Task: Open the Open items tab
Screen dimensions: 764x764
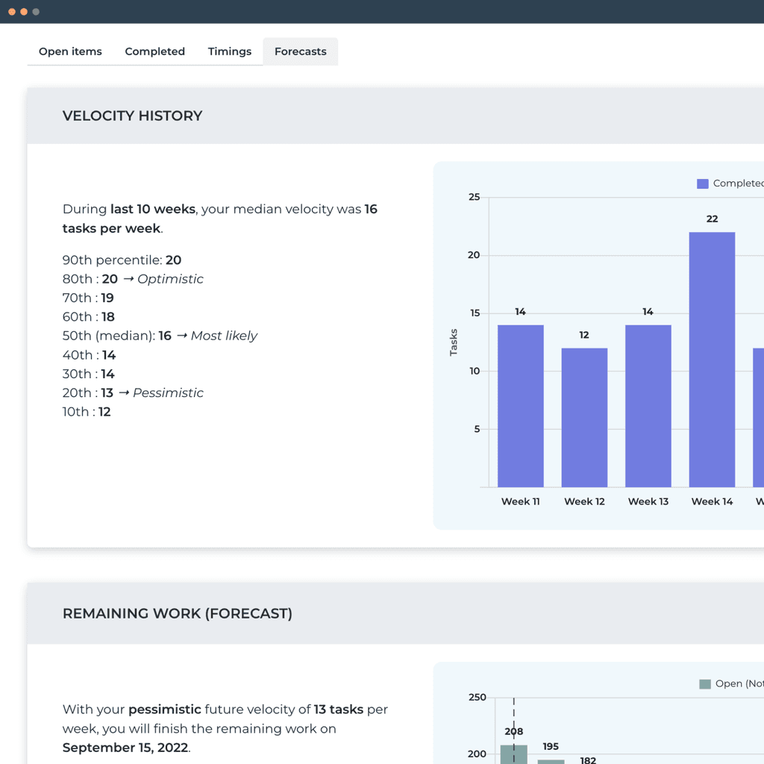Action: [70, 51]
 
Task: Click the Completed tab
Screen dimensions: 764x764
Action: [154, 51]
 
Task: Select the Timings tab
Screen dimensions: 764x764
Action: [229, 51]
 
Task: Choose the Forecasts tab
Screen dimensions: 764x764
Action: [300, 51]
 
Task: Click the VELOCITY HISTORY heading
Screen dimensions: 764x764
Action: [132, 116]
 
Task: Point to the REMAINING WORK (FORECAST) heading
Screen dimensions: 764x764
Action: [177, 613]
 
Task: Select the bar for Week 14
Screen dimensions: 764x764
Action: [712, 360]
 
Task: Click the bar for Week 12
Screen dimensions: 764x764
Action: [584, 418]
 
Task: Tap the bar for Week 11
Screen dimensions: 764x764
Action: [520, 406]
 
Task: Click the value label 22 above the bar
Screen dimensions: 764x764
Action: [712, 219]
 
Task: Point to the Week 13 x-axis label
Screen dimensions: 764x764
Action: [648, 501]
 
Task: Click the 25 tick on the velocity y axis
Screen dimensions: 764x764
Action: [475, 197]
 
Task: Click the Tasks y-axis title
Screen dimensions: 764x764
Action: [454, 342]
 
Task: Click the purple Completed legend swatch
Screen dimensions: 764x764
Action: [702, 184]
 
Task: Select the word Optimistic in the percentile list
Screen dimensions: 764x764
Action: [170, 279]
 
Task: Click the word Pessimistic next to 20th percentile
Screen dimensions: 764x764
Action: [168, 392]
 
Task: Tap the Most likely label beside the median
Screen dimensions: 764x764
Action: [224, 336]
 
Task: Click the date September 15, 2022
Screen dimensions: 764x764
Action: [125, 748]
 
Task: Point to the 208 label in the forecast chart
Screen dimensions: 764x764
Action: [514, 732]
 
